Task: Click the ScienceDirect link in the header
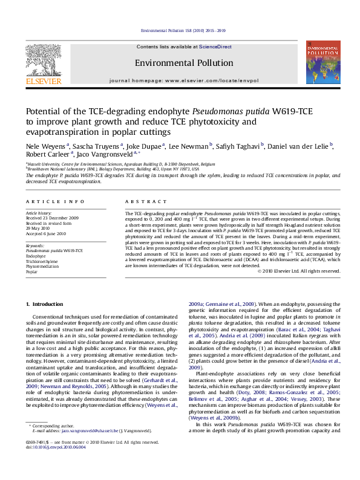tap(216, 47)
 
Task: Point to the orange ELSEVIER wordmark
tap(42, 81)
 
